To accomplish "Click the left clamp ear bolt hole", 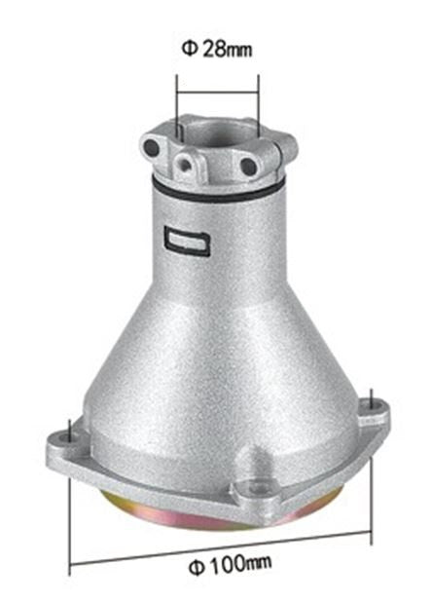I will [x=151, y=147].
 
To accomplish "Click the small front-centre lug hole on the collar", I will [x=186, y=162].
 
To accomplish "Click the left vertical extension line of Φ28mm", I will [x=176, y=107].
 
